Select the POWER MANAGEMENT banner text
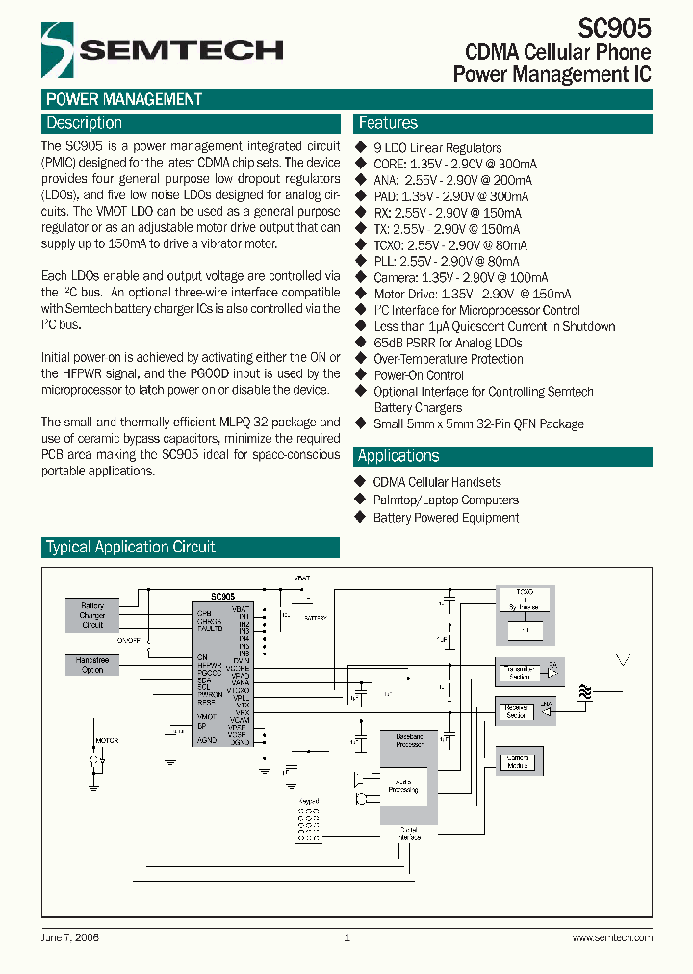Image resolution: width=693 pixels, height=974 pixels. (124, 99)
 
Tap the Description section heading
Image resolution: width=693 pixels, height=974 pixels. (84, 123)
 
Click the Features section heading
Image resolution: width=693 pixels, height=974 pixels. (388, 123)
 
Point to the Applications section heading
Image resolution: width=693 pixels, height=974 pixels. (398, 456)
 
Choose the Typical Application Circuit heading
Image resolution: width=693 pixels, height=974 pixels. (131, 547)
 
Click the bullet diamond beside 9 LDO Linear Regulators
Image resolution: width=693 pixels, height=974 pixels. (362, 147)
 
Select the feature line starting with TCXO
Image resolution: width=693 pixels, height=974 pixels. (446, 245)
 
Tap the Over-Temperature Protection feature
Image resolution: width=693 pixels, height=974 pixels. (448, 359)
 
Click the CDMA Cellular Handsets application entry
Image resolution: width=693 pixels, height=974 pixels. (437, 482)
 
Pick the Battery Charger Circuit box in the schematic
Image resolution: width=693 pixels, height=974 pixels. (92, 615)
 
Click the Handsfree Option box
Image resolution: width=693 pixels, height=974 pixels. (92, 665)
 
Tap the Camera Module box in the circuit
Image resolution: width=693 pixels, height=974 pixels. (518, 761)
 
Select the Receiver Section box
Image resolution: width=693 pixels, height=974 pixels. (517, 710)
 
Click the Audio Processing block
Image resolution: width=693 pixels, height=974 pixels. (403, 785)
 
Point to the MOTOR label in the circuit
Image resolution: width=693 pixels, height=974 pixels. (106, 740)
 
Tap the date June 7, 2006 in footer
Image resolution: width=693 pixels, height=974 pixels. (70, 936)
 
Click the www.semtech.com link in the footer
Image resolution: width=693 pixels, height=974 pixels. (612, 936)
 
